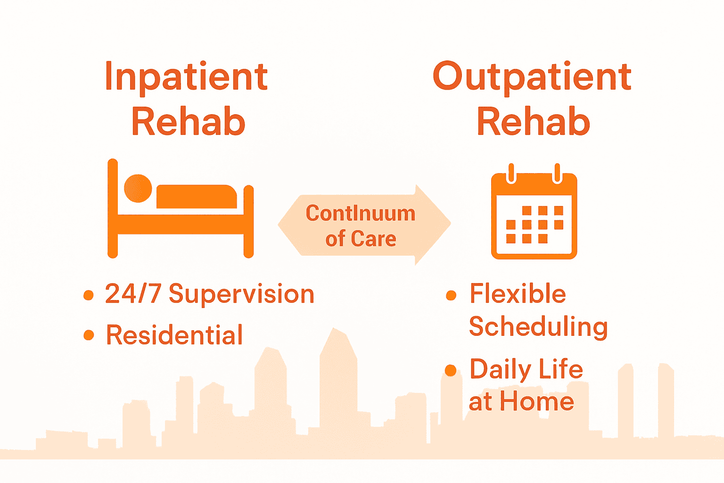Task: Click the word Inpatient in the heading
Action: (186, 77)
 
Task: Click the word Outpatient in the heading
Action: (532, 77)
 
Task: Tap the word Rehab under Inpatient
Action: (188, 122)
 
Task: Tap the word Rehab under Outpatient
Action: (533, 122)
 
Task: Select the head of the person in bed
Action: (138, 188)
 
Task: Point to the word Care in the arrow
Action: (373, 239)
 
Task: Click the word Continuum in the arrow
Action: (361, 214)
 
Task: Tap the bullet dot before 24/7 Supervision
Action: (88, 295)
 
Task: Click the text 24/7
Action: (133, 294)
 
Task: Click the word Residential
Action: (174, 335)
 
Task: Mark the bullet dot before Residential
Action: (88, 335)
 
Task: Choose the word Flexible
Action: (518, 294)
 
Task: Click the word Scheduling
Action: (538, 327)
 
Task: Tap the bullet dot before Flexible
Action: (451, 296)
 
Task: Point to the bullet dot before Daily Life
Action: (451, 371)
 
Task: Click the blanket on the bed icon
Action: (196, 197)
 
